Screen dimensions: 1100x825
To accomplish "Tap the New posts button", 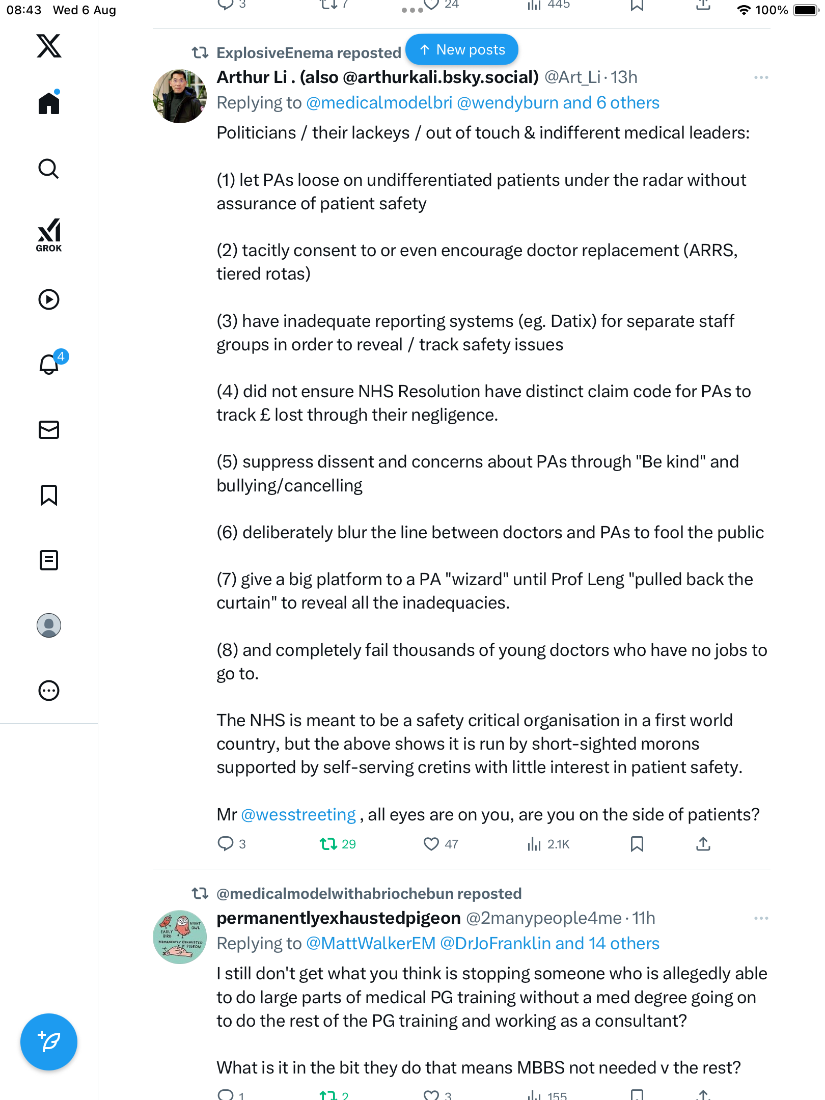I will (462, 50).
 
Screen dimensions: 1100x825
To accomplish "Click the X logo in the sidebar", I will (49, 46).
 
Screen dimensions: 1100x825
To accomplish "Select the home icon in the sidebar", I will (49, 103).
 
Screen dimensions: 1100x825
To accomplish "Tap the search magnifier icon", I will (49, 169).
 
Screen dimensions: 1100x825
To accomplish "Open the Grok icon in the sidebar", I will (49, 235).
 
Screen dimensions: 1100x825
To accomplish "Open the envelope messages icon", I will (49, 430).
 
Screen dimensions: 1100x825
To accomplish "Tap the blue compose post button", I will (49, 1042).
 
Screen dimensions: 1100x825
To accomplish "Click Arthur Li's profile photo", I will (180, 96).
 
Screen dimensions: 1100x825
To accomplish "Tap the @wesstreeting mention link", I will (298, 815).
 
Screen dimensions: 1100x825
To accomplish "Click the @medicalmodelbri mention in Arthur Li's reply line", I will (379, 103).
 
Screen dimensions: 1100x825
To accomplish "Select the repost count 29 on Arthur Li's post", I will (338, 844).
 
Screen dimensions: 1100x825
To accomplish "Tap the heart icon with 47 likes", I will (431, 844).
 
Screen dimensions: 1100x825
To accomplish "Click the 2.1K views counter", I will (548, 844).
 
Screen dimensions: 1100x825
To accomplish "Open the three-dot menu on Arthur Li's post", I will (761, 77).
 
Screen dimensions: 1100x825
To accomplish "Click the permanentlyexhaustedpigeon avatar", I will (180, 937).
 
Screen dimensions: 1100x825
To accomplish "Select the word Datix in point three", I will (573, 321).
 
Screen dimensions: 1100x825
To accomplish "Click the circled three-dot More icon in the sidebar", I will (49, 691).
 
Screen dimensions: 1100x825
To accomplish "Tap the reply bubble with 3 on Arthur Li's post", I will (226, 844).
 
